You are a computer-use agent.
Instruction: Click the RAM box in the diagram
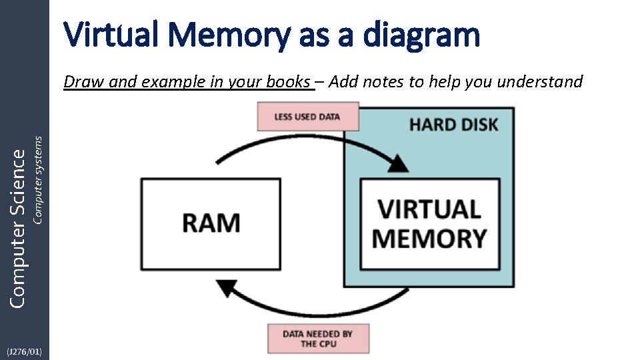[210, 223]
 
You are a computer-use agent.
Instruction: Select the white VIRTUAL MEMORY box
[430, 224]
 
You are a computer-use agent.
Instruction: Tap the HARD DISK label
[453, 124]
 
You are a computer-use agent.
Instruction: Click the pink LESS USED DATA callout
[307, 117]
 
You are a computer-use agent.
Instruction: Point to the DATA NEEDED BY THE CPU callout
[318, 339]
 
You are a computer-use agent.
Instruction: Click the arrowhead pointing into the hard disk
[399, 163]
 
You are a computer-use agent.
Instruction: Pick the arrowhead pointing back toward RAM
[227, 288]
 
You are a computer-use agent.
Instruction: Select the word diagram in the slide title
[421, 35]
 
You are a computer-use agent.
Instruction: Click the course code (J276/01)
[25, 351]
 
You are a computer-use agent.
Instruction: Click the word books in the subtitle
[289, 82]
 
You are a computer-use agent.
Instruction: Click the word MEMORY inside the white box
[430, 238]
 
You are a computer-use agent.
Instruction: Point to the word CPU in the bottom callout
[328, 344]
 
